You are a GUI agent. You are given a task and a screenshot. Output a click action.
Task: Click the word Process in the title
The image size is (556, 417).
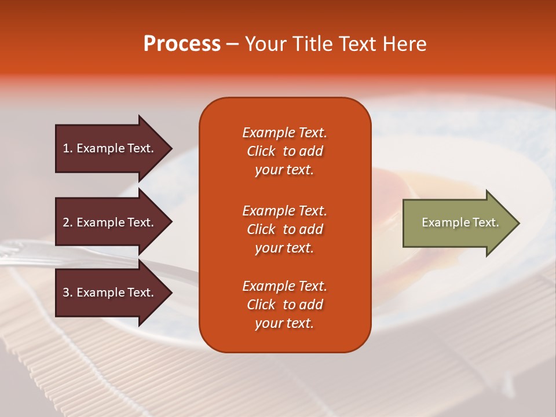pos(182,44)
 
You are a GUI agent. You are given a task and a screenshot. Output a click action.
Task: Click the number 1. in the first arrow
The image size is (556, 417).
pos(68,148)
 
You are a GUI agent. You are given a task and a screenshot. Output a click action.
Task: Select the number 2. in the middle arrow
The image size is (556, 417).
pos(68,222)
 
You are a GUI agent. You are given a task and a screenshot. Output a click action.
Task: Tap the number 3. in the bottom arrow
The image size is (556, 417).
pos(68,292)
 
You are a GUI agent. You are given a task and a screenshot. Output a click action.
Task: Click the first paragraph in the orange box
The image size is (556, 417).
pos(284,151)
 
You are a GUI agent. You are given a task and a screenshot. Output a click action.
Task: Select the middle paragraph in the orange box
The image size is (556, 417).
pos(284,229)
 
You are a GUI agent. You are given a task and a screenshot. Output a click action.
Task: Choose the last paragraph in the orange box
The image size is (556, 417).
pos(284,305)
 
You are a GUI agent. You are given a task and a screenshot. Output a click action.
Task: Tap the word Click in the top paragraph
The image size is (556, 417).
pos(261,151)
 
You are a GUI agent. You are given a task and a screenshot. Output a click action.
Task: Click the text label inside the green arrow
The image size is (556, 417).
pos(460,222)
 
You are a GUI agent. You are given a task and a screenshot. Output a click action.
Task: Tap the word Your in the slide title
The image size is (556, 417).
pos(266,44)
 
